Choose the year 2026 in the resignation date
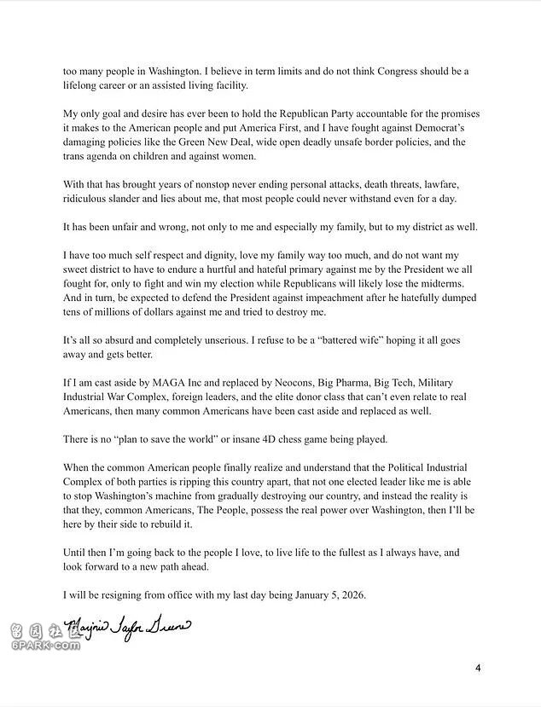[351, 594]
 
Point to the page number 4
[478, 668]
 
